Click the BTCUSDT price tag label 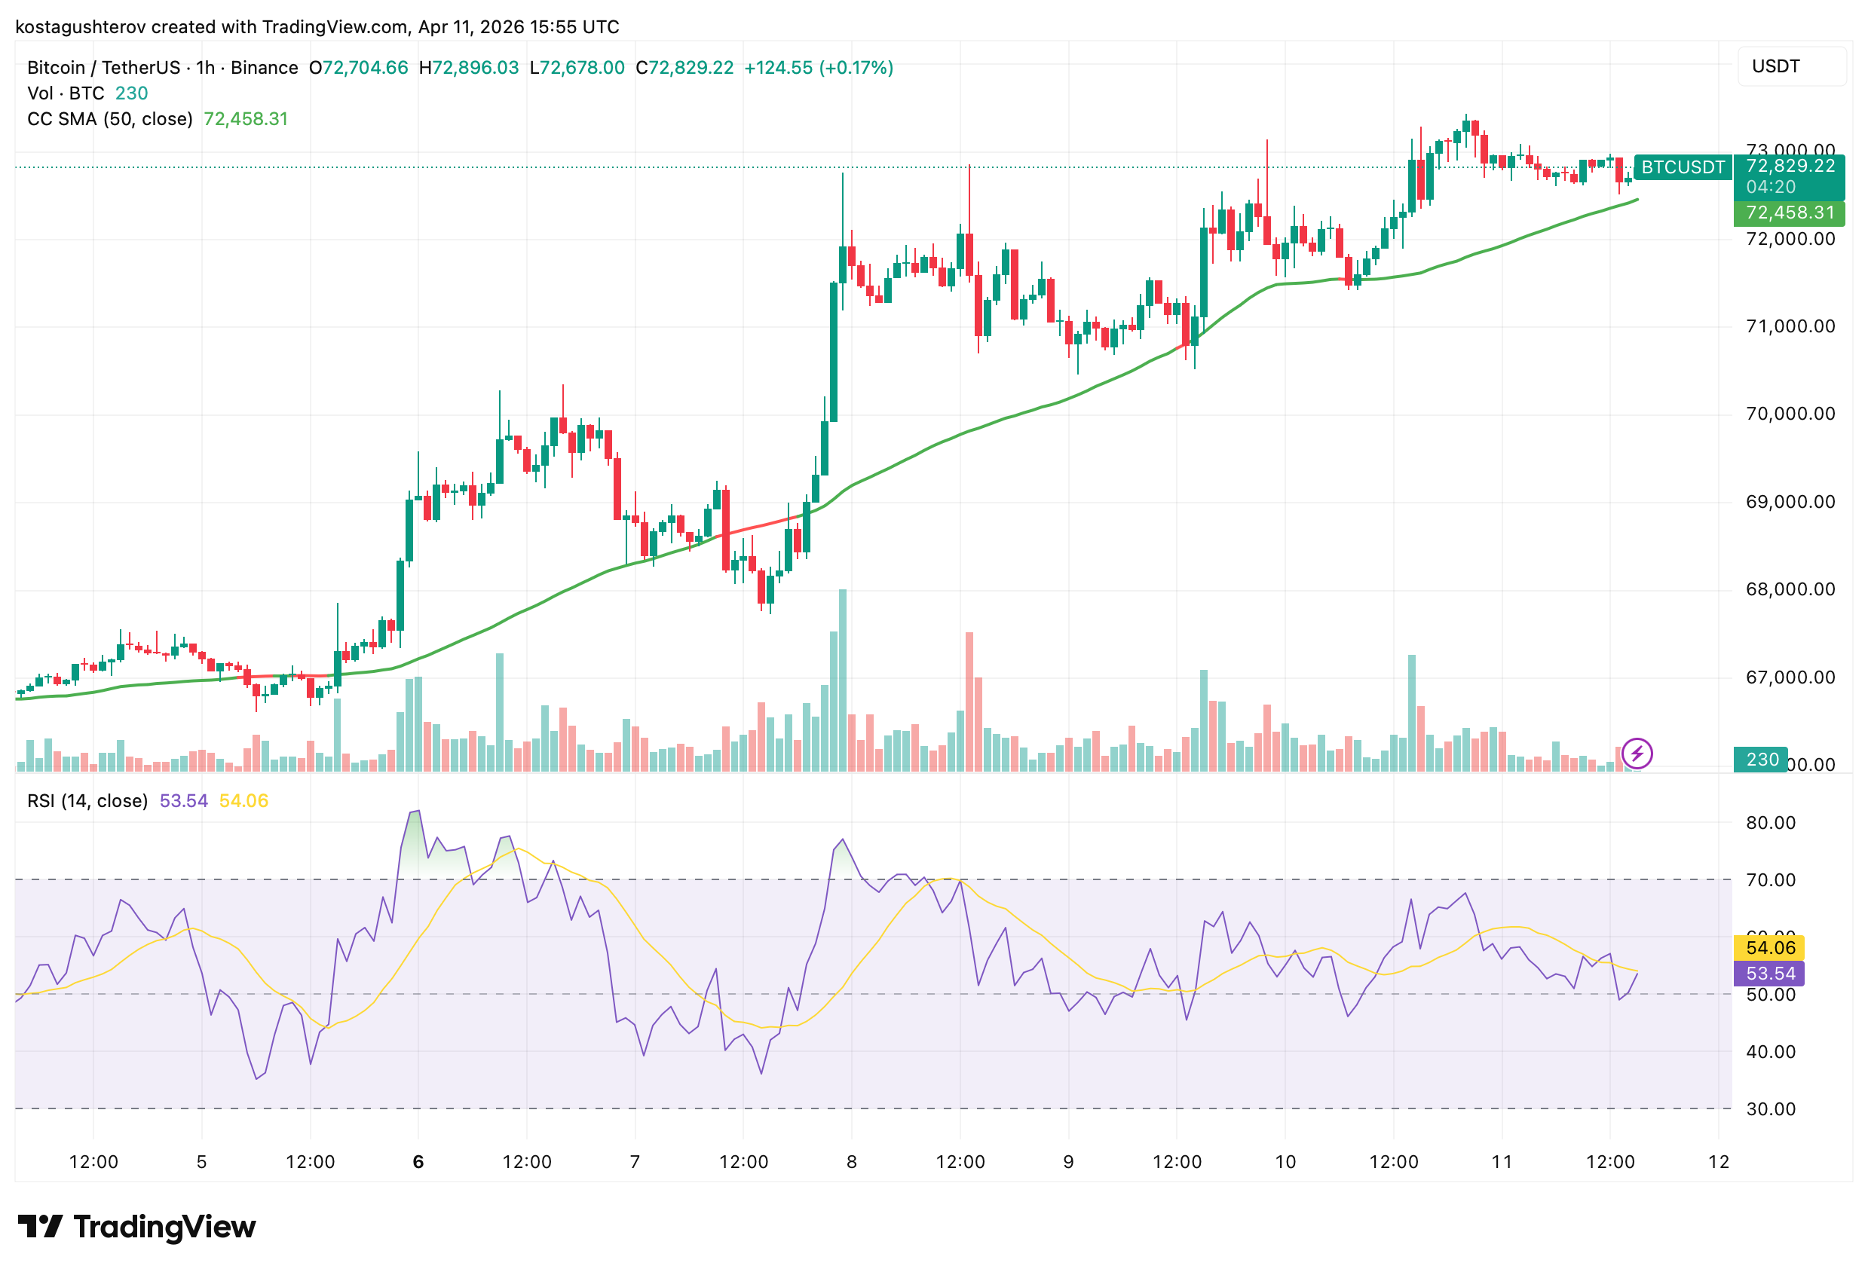pyautogui.click(x=1683, y=167)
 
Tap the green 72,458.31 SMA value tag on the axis pyautogui.click(x=1790, y=213)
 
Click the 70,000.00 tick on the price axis pyautogui.click(x=1790, y=414)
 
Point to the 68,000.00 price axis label pyautogui.click(x=1790, y=589)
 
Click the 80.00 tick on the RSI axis pyautogui.click(x=1770, y=822)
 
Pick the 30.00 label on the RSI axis pyautogui.click(x=1770, y=1109)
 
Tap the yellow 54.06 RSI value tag pyautogui.click(x=1770, y=947)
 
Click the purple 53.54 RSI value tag pyautogui.click(x=1770, y=973)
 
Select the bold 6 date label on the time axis pyautogui.click(x=418, y=1161)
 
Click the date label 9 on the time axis pyautogui.click(x=1068, y=1161)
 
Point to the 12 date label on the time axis pyautogui.click(x=1719, y=1161)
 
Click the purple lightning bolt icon pyautogui.click(x=1637, y=754)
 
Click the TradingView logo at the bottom pyautogui.click(x=136, y=1227)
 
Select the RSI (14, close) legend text pyautogui.click(x=87, y=801)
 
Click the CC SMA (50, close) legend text pyautogui.click(x=110, y=119)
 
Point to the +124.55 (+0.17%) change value pyautogui.click(x=818, y=68)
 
